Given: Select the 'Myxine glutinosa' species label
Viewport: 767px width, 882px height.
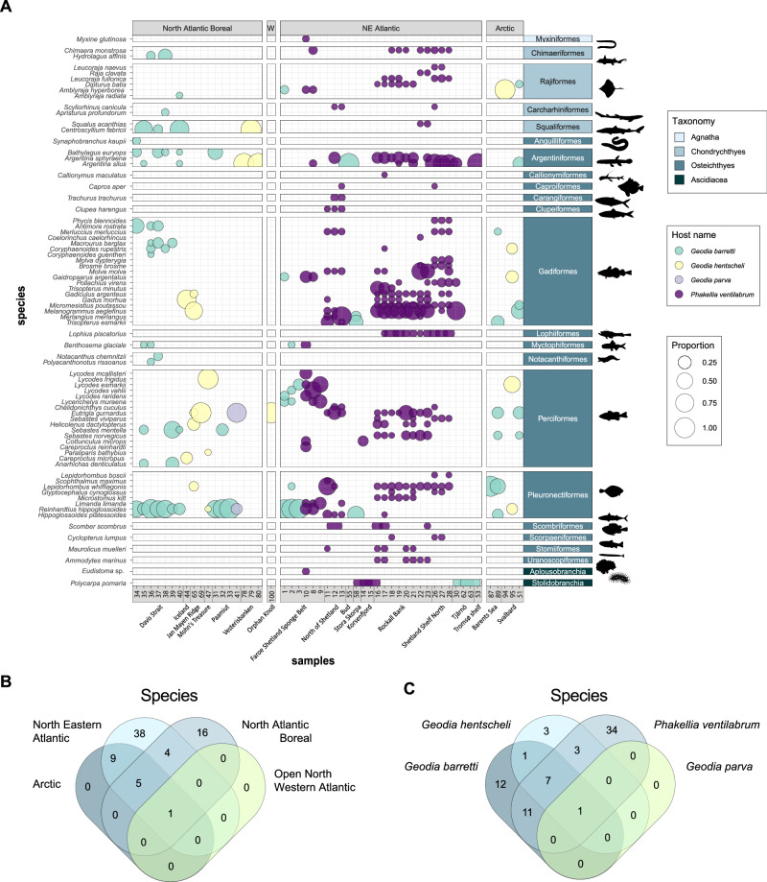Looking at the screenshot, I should [x=100, y=39].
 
